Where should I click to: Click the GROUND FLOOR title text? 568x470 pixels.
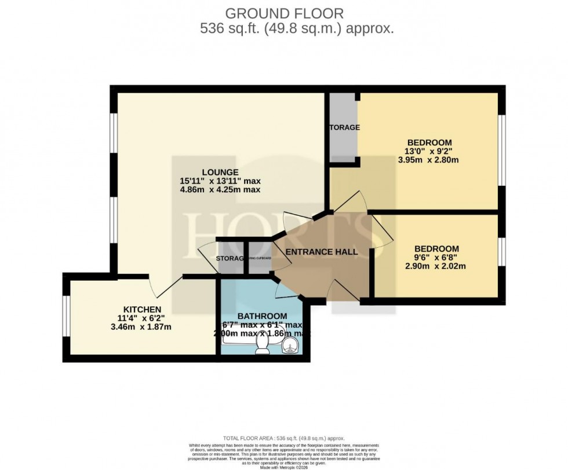[x=283, y=13]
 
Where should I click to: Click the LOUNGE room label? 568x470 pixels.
[x=220, y=172]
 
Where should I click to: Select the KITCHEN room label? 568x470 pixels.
[x=142, y=309]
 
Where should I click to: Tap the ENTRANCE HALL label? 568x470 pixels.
[x=322, y=252]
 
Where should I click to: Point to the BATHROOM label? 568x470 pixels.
[x=262, y=315]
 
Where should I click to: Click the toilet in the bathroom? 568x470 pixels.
[x=263, y=345]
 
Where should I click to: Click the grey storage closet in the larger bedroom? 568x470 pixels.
[x=344, y=128]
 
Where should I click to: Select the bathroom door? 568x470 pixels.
[x=286, y=287]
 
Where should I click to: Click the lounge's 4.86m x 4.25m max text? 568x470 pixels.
[x=220, y=190]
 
